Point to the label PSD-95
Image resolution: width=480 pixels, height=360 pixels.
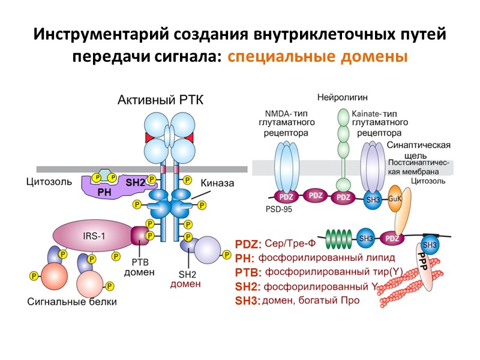(278, 210)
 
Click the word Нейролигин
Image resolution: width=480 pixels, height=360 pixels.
(343, 97)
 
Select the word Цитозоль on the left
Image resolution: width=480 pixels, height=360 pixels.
(49, 181)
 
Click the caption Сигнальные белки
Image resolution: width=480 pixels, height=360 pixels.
(71, 301)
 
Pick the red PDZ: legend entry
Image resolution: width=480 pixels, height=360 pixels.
(248, 245)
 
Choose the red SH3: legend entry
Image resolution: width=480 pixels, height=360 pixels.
(248, 300)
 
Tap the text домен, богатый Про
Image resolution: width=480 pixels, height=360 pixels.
(311, 300)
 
